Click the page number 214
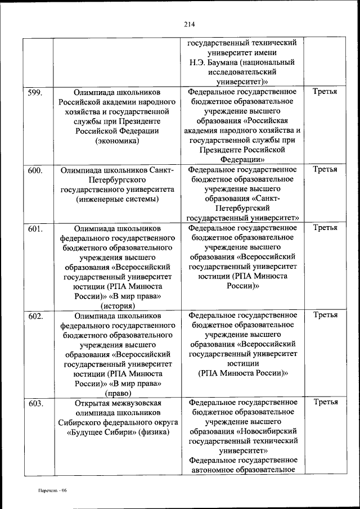click(188, 24)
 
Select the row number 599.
click(35, 91)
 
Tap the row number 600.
click(35, 169)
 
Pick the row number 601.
click(35, 228)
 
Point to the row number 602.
click(35, 316)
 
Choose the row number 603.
click(35, 403)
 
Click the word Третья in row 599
click(325, 91)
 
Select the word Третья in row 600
click(325, 169)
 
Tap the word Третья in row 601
click(325, 228)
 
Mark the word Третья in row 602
click(325, 316)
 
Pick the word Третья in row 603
click(325, 402)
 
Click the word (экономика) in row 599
click(117, 141)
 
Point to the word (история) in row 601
click(117, 307)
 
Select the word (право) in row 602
click(117, 393)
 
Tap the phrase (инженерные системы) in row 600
click(117, 199)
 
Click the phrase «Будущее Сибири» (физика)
click(117, 433)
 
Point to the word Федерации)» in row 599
click(242, 160)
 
